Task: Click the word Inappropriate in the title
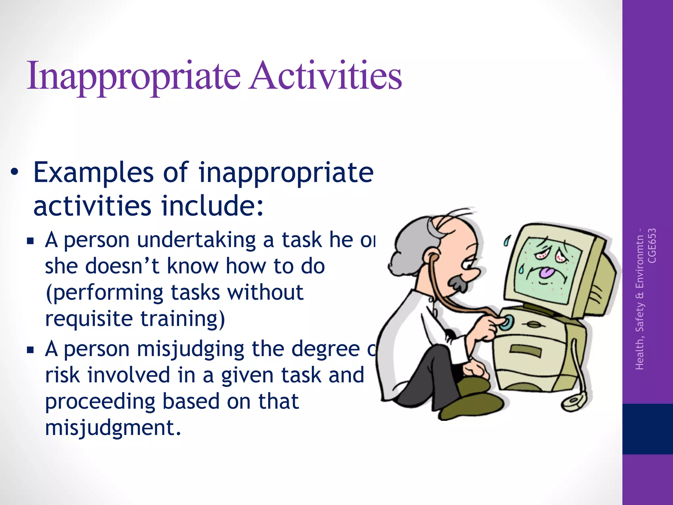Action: coord(133,76)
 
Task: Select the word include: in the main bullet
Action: coord(212,206)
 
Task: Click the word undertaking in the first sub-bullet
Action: coord(196,240)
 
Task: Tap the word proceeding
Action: coord(100,401)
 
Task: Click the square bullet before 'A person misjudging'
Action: coord(31,349)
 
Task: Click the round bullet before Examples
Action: coord(14,173)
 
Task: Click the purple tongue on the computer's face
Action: coord(547,272)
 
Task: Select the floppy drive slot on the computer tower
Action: coord(525,350)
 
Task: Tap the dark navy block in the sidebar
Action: coord(647,429)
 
